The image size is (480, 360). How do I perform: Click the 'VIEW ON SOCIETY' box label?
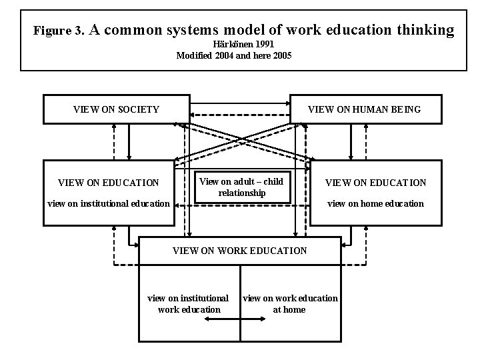tap(116, 109)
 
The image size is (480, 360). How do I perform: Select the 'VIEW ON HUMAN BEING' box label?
tap(364, 109)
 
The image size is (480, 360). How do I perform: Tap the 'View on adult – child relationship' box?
tap(241, 187)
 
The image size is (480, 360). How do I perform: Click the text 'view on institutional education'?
tap(108, 203)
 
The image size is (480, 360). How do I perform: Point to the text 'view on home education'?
tap(376, 203)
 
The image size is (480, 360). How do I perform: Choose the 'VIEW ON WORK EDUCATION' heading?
tap(240, 251)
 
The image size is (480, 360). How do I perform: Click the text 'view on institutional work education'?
tap(188, 304)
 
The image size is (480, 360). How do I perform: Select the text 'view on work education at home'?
tap(290, 304)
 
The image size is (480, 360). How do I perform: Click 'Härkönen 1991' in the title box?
tap(233, 44)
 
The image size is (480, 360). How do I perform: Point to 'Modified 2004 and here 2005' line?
tap(233, 55)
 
